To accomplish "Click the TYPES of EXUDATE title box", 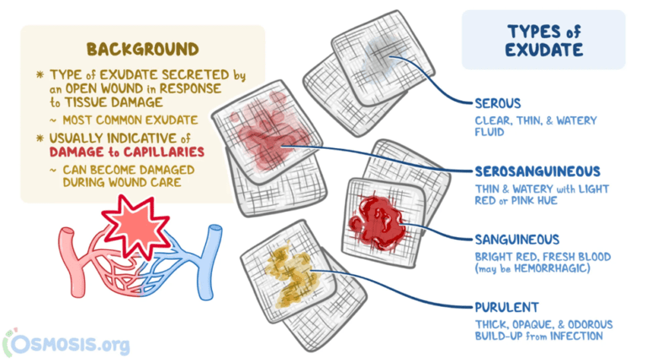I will click(x=543, y=40).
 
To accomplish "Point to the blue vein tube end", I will click(x=215, y=235).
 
